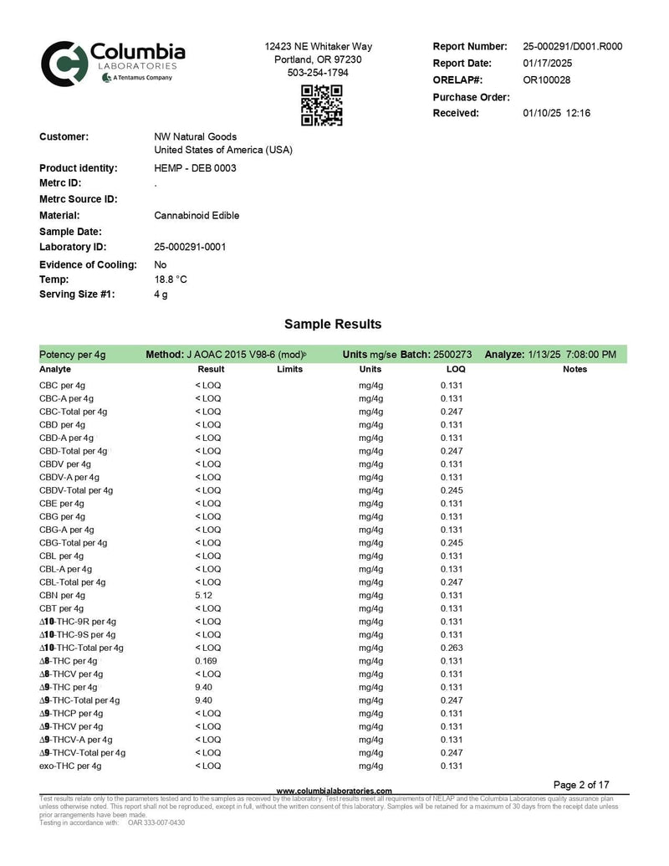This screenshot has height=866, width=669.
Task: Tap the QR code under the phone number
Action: (x=322, y=105)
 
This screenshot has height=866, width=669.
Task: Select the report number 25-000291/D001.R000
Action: (x=572, y=47)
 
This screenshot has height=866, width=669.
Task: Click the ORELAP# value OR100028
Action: (x=546, y=80)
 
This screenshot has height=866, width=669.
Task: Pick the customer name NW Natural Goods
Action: (x=195, y=136)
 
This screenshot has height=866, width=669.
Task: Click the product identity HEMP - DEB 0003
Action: (x=195, y=168)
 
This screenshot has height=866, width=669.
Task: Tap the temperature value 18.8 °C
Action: (x=171, y=279)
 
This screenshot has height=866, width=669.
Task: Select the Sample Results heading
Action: (x=333, y=324)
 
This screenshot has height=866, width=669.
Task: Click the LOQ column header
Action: (x=456, y=369)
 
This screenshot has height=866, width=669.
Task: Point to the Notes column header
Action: (x=575, y=369)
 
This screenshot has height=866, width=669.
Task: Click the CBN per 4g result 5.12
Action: (x=204, y=595)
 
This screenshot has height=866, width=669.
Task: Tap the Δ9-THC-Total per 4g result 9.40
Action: (x=204, y=700)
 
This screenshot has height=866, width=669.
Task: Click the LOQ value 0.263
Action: (x=452, y=648)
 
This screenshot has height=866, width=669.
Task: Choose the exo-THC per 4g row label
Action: (x=70, y=766)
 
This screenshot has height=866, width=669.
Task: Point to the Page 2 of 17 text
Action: (x=582, y=785)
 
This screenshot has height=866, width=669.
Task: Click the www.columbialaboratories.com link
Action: (x=334, y=791)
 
